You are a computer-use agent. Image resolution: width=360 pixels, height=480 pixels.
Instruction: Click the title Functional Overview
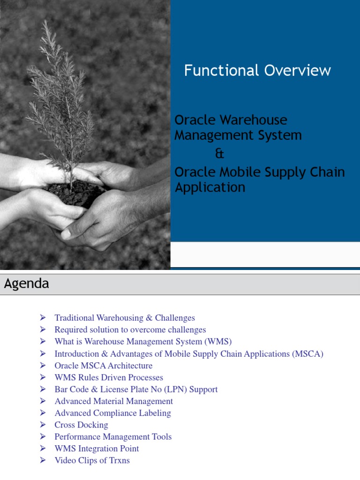257,71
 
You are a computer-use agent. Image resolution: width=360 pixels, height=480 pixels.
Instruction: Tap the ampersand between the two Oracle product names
219,154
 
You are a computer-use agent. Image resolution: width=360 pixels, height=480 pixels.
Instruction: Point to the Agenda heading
27,284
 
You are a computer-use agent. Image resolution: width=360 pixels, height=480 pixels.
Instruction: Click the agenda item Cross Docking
81,425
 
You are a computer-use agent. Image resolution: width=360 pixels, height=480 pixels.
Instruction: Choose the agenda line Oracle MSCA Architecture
103,366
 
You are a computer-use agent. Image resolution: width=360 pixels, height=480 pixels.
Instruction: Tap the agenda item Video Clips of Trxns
92,460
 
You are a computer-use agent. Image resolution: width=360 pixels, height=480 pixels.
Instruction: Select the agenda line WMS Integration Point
97,449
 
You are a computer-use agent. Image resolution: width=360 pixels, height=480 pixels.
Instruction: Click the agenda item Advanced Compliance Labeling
112,413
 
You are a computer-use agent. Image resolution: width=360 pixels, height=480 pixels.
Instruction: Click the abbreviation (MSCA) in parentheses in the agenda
307,354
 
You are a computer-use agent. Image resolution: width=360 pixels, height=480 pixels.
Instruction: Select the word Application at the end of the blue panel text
210,187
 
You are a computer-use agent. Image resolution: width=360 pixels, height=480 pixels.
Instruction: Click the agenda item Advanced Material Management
113,401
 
